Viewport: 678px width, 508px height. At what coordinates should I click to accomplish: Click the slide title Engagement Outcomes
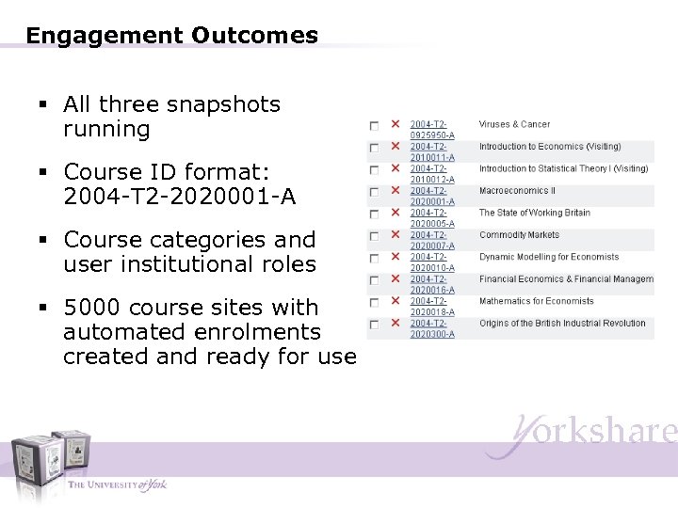[x=172, y=36]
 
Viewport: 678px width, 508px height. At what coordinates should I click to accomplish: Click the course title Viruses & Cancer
[x=514, y=124]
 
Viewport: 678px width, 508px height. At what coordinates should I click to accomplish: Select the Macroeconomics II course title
[x=517, y=191]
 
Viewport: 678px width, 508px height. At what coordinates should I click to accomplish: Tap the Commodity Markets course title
[x=519, y=235]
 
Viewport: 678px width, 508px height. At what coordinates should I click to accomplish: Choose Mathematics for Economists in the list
[x=536, y=301]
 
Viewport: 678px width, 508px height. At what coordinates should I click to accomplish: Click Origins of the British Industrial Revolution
[x=562, y=324]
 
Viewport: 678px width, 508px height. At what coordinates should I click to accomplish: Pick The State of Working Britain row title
[x=534, y=213]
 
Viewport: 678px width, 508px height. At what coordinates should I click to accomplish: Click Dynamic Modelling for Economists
[x=549, y=257]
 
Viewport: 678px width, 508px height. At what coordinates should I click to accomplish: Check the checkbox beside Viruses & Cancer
[x=374, y=125]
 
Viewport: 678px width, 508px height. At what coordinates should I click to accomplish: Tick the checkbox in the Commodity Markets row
[x=374, y=236]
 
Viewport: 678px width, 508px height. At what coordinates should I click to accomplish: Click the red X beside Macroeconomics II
[x=395, y=191]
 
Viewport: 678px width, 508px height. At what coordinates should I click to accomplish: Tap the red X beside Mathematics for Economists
[x=395, y=302]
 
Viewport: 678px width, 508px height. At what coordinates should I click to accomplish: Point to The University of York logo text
[x=117, y=484]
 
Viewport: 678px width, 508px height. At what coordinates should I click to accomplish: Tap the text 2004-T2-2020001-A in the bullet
[x=179, y=197]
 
